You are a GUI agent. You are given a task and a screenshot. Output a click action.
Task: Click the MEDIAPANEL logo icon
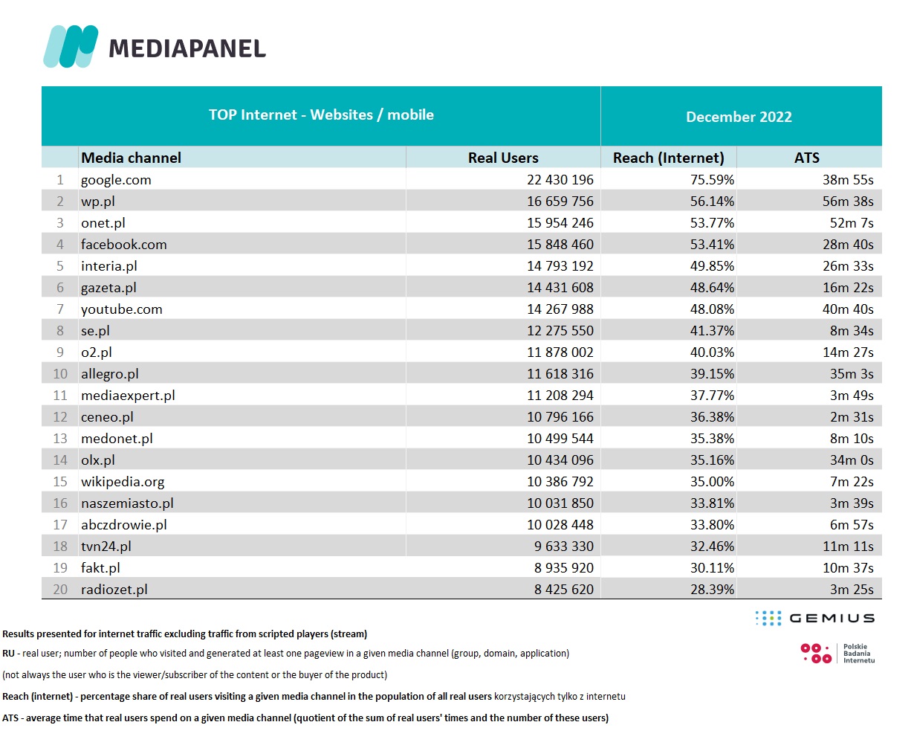point(71,46)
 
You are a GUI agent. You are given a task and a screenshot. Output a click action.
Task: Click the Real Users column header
point(503,158)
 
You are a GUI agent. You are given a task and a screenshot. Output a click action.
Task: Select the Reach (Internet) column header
point(668,158)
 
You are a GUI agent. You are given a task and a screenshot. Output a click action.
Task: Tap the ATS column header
point(806,158)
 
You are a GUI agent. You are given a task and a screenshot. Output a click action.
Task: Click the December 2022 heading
point(739,117)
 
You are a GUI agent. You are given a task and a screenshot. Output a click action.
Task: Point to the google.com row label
point(116,180)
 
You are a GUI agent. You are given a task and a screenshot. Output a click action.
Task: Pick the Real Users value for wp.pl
point(560,202)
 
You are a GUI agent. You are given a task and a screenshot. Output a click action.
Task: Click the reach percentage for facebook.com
point(712,245)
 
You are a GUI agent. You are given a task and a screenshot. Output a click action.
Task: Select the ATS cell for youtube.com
point(847,309)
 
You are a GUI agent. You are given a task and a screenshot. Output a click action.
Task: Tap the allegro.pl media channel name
point(110,374)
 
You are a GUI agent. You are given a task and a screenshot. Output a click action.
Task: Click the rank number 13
point(60,439)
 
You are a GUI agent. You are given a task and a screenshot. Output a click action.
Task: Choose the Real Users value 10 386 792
point(560,482)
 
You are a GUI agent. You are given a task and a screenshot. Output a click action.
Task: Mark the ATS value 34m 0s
point(852,460)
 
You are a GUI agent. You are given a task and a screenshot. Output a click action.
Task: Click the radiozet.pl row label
point(114,590)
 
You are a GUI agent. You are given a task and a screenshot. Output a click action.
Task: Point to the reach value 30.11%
point(712,568)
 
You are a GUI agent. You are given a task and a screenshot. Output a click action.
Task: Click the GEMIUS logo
point(814,618)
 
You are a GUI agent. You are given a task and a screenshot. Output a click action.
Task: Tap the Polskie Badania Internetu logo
point(837,654)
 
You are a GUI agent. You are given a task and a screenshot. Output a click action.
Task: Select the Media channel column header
point(131,158)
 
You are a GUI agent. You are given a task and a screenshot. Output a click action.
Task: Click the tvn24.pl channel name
point(106,547)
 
